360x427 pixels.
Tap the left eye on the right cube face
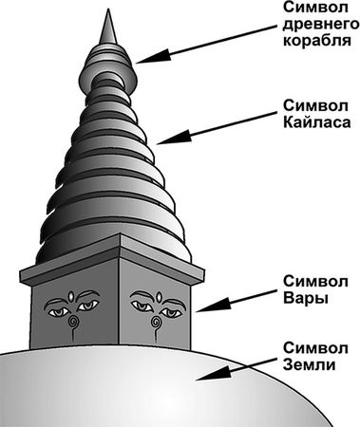(x=142, y=306)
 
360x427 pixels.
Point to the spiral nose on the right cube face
(x=158, y=324)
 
